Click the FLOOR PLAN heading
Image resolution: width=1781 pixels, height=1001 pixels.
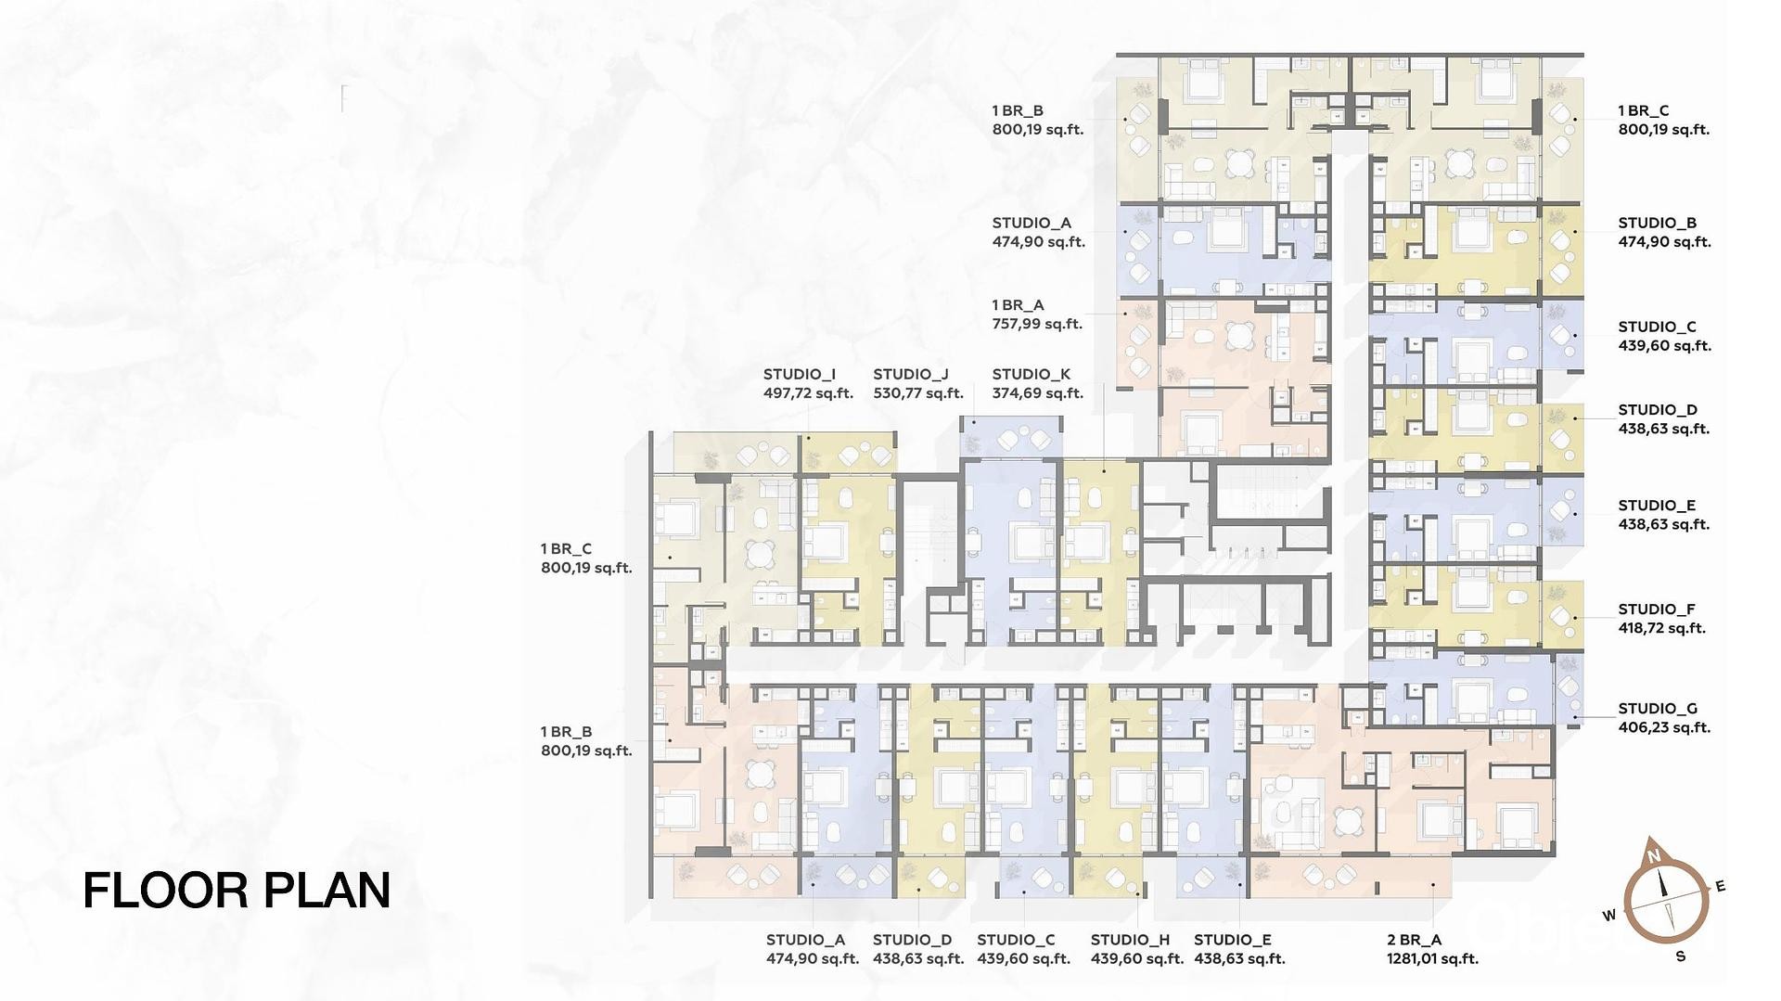[x=237, y=890]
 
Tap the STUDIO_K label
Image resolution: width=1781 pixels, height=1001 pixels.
[x=1031, y=374]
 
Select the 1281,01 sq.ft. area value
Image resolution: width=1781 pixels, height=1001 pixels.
[x=1432, y=959]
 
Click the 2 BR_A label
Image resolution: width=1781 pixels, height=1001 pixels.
[x=1415, y=940]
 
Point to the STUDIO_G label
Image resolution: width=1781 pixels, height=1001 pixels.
[x=1658, y=709]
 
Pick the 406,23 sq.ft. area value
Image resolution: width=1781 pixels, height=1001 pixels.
[x=1664, y=727]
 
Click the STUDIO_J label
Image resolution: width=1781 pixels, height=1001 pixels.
[x=910, y=374]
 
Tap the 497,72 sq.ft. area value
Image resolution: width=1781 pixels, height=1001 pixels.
[x=808, y=393]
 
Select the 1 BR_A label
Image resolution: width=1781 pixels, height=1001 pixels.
[x=1018, y=305]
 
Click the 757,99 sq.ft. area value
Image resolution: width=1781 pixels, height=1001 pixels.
[x=1037, y=324]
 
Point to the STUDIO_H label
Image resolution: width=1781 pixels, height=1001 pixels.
[x=1130, y=940]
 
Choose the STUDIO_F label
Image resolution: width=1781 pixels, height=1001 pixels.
[x=1657, y=610]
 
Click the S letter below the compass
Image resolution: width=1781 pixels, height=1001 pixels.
[x=1680, y=956]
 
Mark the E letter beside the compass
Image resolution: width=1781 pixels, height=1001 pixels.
[x=1720, y=887]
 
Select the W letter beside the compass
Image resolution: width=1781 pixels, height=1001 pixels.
[x=1609, y=916]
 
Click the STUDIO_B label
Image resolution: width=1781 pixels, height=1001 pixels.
[x=1658, y=223]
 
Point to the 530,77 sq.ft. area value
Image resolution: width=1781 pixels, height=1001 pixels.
[x=918, y=393]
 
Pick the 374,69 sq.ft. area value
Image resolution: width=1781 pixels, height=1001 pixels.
[x=1038, y=393]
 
